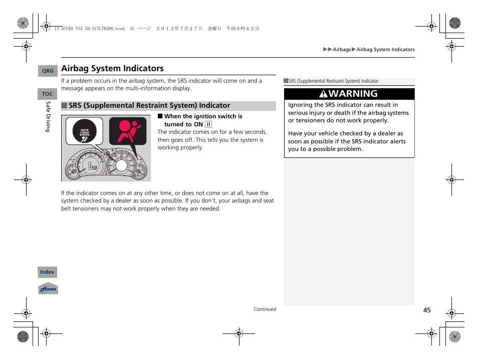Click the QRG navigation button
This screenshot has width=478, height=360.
pos(48,71)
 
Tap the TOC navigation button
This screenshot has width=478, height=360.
pos(48,94)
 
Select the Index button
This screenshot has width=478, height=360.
pos(48,272)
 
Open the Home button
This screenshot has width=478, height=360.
pos(48,289)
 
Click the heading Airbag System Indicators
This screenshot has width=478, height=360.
pos(112,69)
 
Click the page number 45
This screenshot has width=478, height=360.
pos(426,310)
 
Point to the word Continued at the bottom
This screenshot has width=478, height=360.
pos(265,309)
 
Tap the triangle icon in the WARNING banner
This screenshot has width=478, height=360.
pos(324,94)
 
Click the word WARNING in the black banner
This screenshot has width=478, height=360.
pos(354,94)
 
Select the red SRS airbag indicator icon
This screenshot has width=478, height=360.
pos(128,130)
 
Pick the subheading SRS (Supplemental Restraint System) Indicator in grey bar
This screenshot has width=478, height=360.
pos(149,106)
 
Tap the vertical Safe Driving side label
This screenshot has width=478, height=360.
pos(48,116)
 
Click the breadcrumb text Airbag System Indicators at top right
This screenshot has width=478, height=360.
pos(385,50)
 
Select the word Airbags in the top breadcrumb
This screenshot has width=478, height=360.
pos(342,50)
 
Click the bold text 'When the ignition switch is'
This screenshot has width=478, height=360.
pos(203,116)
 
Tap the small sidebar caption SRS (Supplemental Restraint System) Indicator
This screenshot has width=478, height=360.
pos(333,81)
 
